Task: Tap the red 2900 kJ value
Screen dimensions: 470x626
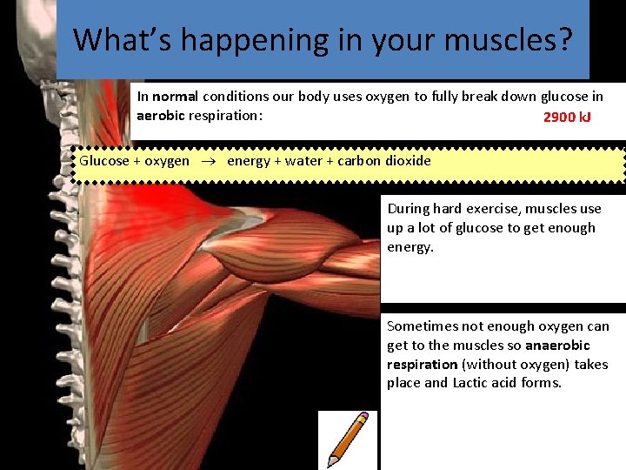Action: (x=567, y=117)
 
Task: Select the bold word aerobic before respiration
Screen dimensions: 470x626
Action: (x=161, y=116)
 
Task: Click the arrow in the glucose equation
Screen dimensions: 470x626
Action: (x=208, y=161)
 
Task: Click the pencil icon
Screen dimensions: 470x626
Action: (x=348, y=440)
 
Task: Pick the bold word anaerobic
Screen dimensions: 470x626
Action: (x=557, y=346)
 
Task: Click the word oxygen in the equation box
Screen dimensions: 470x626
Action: (x=167, y=161)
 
